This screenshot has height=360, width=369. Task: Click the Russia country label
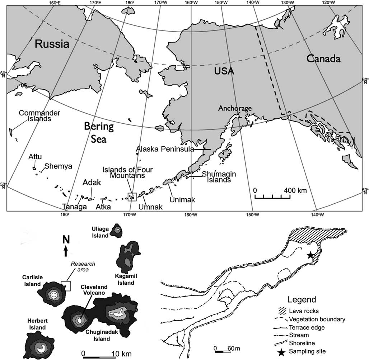52,44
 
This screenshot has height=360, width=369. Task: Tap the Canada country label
323,59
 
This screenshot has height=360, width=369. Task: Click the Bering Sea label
99,132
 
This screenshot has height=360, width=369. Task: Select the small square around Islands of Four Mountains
132,196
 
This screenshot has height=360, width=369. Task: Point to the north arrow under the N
65,251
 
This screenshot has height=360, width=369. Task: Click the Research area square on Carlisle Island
66,286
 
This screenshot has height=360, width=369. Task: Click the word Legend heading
302,300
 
